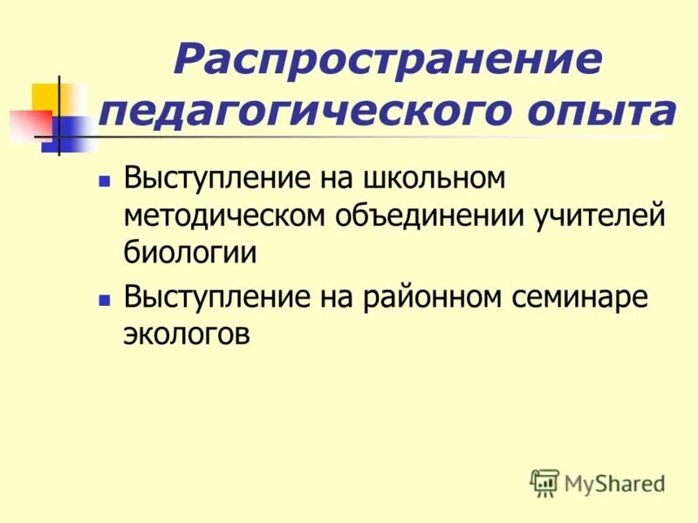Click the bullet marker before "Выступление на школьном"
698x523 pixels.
click(104, 181)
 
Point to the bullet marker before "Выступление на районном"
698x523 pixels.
click(104, 299)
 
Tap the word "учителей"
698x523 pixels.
click(593, 214)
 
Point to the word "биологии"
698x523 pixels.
click(189, 252)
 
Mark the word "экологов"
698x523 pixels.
click(188, 333)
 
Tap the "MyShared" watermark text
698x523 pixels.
click(614, 483)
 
